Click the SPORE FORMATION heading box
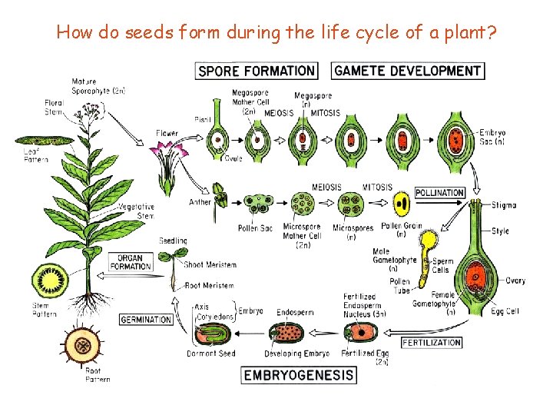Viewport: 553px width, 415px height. (x=257, y=71)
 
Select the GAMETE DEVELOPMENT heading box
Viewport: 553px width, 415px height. (x=408, y=71)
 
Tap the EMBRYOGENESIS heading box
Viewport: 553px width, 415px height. (x=300, y=375)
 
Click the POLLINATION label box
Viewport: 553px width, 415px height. (x=439, y=192)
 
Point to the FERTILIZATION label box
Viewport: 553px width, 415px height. (x=432, y=342)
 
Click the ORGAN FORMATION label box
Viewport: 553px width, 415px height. (x=131, y=261)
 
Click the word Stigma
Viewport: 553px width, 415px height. (x=504, y=205)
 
